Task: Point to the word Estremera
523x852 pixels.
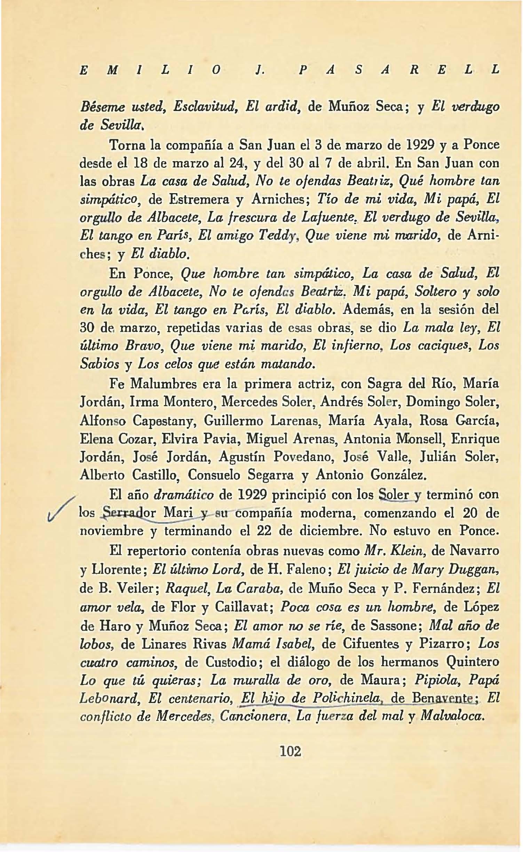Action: [199, 199]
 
